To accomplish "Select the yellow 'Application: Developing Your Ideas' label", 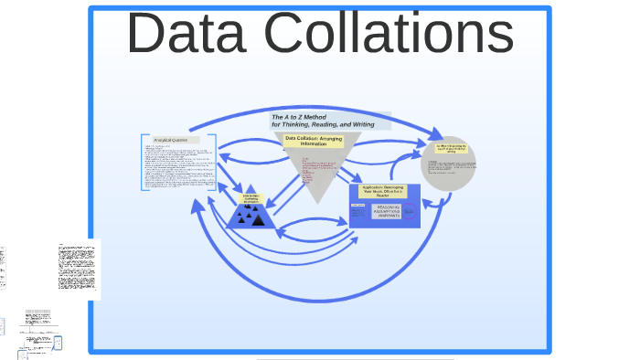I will click(x=384, y=190).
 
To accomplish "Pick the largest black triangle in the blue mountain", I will click(x=259, y=219).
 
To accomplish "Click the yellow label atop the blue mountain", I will click(x=251, y=198).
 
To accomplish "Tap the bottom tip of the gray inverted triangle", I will click(x=315, y=200).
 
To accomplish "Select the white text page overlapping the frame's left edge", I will click(x=77, y=269).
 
